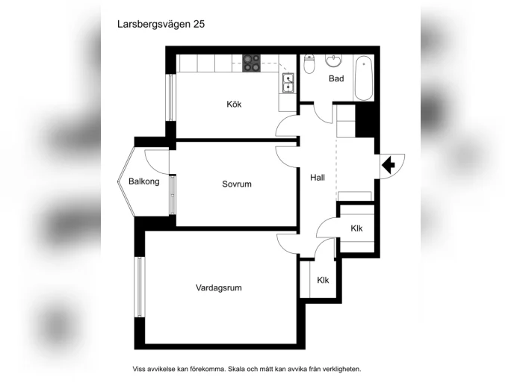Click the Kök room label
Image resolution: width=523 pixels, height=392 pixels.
click(x=234, y=104)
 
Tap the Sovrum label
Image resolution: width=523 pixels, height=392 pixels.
click(x=237, y=184)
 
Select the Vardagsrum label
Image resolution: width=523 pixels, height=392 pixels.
click(x=219, y=287)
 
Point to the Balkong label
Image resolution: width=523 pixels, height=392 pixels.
click(x=144, y=181)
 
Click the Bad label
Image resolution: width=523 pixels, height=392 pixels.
click(x=336, y=78)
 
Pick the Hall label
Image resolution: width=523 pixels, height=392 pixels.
click(x=318, y=178)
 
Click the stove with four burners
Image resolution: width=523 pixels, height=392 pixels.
click(x=252, y=63)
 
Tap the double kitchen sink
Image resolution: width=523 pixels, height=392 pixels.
click(x=288, y=83)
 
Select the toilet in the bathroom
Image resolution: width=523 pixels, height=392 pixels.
click(x=309, y=64)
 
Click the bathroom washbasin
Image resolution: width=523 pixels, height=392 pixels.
click(x=334, y=61)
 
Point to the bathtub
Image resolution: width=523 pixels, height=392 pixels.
click(x=364, y=78)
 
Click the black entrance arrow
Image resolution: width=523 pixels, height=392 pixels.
click(x=389, y=165)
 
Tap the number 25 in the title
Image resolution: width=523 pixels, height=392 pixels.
click(x=199, y=25)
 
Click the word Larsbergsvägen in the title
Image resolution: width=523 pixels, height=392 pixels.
click(x=154, y=25)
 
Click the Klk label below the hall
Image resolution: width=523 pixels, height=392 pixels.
click(x=323, y=280)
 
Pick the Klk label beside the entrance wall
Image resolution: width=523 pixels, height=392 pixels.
click(x=356, y=228)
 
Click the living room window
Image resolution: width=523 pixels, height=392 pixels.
click(x=140, y=287)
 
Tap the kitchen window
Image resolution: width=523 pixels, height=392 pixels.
click(x=171, y=97)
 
